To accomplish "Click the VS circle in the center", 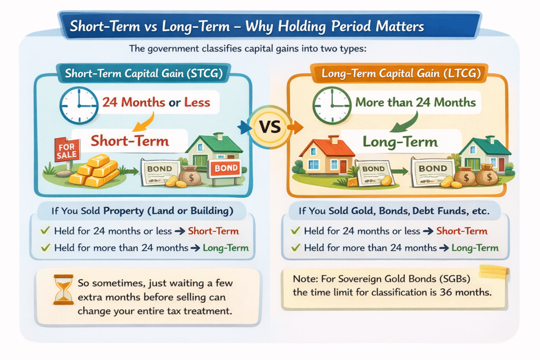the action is pos(270,127).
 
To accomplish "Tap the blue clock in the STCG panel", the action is pos(79,105).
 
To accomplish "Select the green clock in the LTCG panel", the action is pos(332,105).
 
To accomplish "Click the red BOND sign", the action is pos(226,168).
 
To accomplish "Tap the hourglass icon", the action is pos(63,289).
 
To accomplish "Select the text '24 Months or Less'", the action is pos(156,102).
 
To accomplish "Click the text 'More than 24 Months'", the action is pos(416,102).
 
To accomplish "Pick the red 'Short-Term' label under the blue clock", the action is pos(130,141).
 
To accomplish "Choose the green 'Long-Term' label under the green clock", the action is pos(400,141).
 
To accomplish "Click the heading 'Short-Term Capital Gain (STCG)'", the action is pos(144,73).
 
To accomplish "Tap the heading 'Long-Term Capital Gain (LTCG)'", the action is pos(401,73).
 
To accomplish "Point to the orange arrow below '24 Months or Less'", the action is pos(143,122).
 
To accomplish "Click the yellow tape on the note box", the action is pos(494,271).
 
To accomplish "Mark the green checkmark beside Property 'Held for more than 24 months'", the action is pos(45,247).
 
